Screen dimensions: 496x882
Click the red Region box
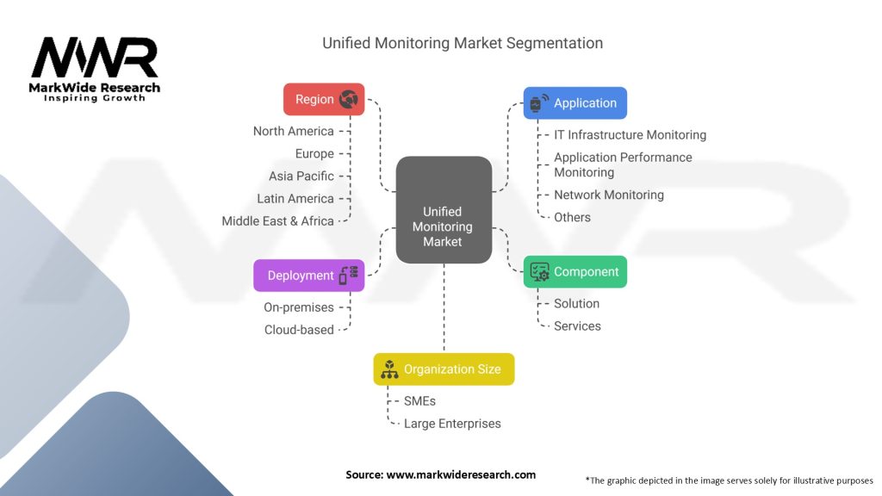(324, 99)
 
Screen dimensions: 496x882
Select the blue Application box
(575, 102)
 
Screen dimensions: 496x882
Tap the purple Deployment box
(308, 276)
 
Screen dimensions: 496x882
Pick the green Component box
(575, 271)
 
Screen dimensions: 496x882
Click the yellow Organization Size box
(444, 369)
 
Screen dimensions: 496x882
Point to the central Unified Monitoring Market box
(443, 226)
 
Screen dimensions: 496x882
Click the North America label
(293, 131)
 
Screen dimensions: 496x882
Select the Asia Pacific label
(301, 176)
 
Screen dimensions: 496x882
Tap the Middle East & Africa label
(277, 220)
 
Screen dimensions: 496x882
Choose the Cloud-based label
(299, 329)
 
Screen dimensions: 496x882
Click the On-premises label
(298, 307)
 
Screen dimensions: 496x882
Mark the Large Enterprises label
(452, 423)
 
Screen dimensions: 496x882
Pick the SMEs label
(421, 400)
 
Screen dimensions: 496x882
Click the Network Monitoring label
(608, 195)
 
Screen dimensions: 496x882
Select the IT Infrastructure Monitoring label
(630, 134)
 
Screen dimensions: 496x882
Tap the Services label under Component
(577, 325)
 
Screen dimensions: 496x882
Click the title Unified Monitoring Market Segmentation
(463, 43)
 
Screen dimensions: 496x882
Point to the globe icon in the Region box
(349, 99)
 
